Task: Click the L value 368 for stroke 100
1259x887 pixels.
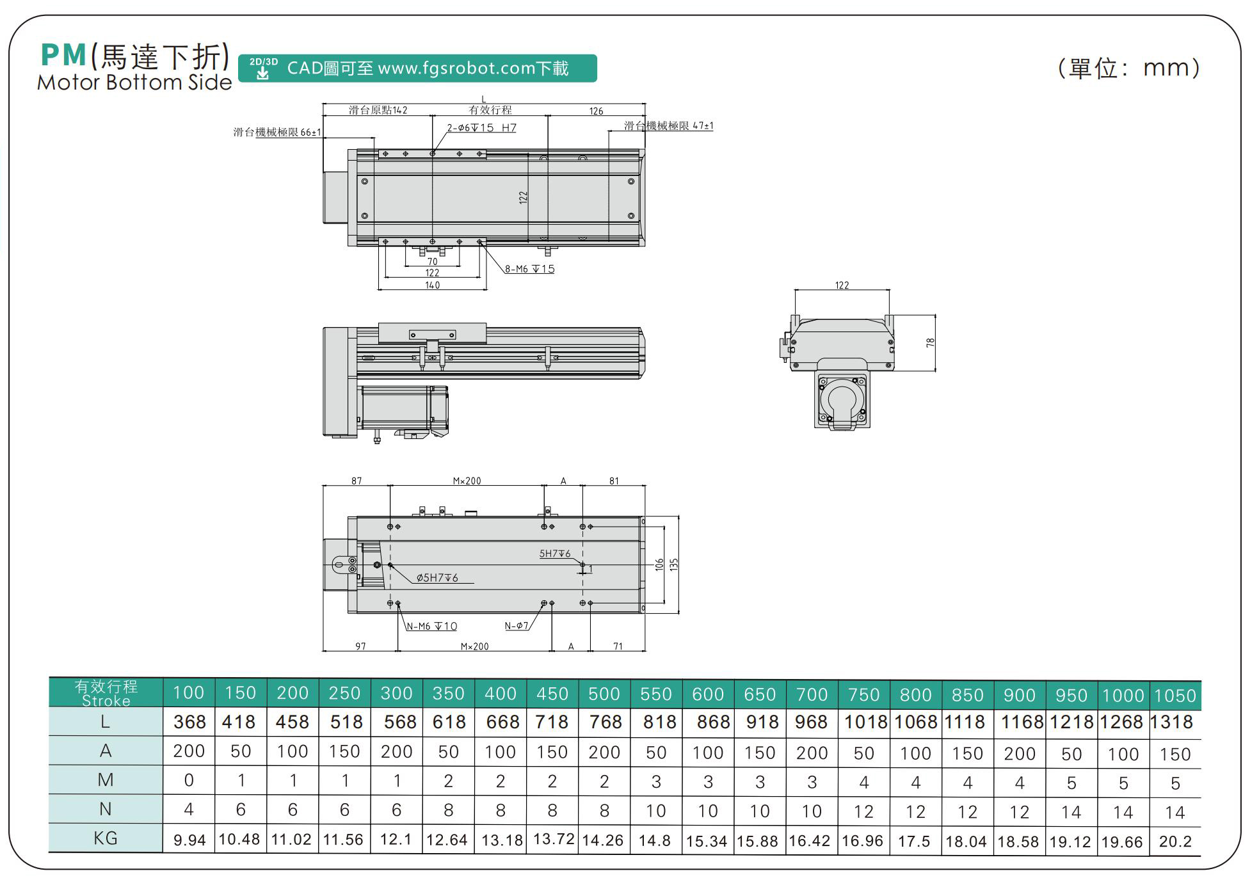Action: tap(189, 722)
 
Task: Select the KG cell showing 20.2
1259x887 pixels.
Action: tap(1175, 841)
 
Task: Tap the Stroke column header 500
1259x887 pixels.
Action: tap(604, 694)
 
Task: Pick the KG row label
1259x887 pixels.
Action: tap(106, 838)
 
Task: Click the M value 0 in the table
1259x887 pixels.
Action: tap(189, 780)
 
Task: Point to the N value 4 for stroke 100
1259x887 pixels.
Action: tap(189, 809)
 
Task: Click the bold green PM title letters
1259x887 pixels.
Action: tap(63, 55)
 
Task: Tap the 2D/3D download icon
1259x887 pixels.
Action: tap(263, 68)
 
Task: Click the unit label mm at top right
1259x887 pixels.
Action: tap(1164, 68)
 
